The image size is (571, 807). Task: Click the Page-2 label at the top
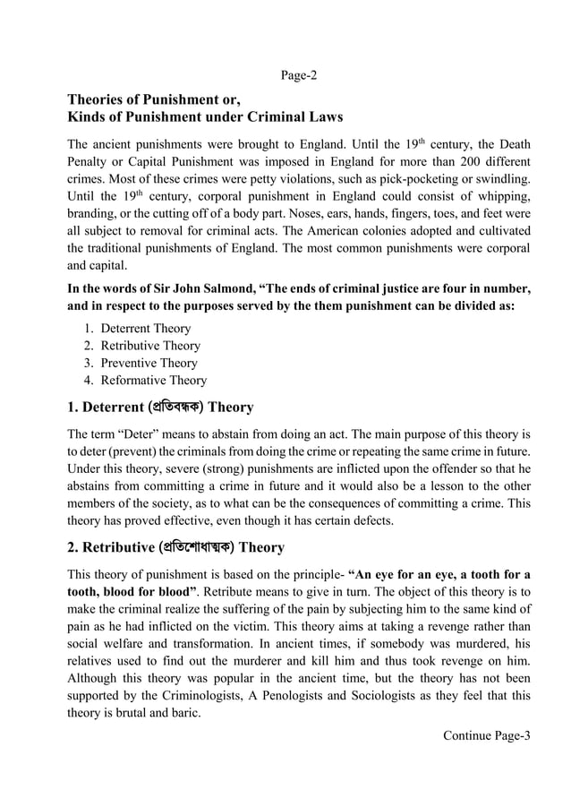(299, 75)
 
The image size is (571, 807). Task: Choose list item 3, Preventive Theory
(149, 363)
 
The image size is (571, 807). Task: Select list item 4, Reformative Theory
(153, 381)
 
